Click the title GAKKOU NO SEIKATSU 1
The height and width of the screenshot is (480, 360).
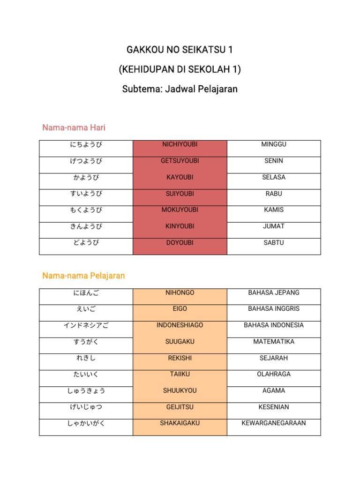tap(180, 50)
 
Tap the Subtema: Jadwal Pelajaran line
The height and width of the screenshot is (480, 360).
tap(180, 89)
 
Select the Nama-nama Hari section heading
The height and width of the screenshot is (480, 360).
tap(74, 127)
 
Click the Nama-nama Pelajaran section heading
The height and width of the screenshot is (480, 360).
tap(83, 276)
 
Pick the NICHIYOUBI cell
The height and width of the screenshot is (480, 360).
tap(180, 145)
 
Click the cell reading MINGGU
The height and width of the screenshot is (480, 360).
tap(274, 144)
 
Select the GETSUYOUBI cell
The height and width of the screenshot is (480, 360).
tap(180, 161)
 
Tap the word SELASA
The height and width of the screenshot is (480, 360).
tap(274, 177)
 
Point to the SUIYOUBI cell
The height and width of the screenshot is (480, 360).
tap(180, 194)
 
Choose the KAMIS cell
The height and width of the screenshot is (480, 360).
tap(274, 210)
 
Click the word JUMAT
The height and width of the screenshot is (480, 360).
tap(274, 226)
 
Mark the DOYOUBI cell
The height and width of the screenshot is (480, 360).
tap(180, 243)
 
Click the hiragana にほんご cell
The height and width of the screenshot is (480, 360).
tap(86, 293)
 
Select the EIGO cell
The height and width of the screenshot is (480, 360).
tap(180, 309)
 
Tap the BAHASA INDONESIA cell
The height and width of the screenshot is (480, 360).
tap(274, 325)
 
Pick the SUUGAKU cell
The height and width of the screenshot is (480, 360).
tap(180, 342)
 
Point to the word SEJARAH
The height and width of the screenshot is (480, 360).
tap(274, 358)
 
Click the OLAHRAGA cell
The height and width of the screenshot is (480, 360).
tap(274, 374)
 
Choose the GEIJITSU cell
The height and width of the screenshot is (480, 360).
tap(180, 407)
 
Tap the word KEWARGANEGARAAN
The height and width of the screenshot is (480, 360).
tap(274, 423)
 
